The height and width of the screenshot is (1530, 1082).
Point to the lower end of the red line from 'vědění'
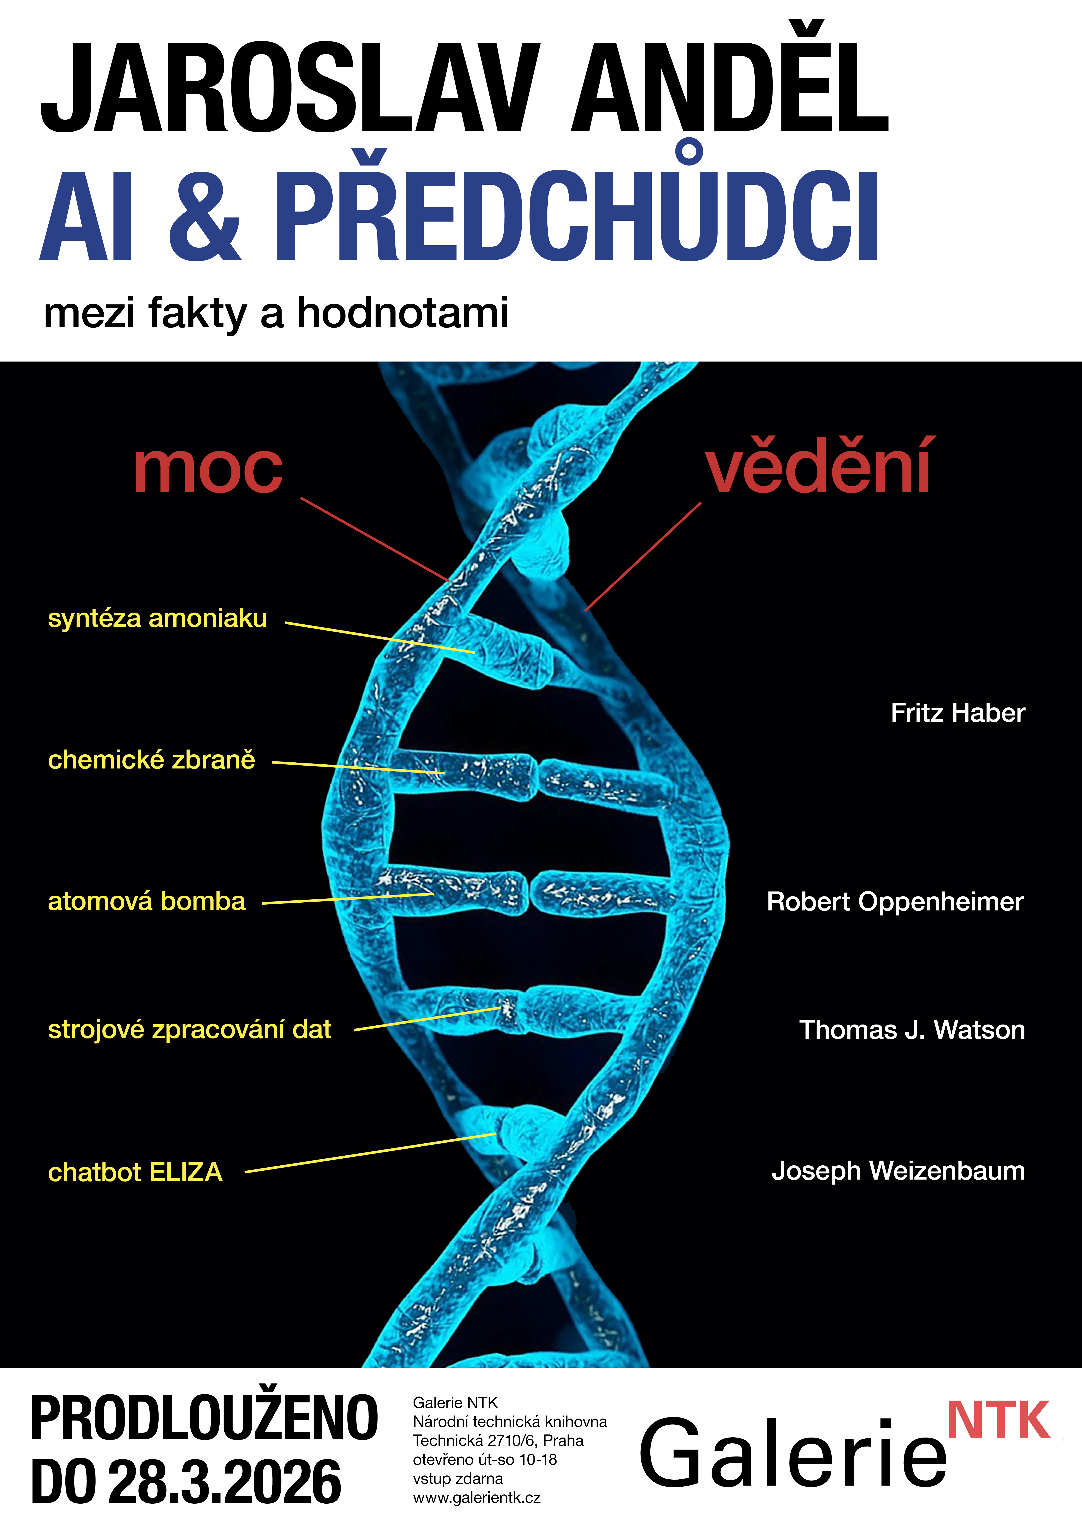pos(585,610)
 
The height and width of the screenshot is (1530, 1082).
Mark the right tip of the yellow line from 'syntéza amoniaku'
pos(475,652)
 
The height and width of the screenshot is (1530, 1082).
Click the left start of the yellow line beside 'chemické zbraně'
pos(273,762)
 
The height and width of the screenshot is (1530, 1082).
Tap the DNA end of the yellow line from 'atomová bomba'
pos(433,894)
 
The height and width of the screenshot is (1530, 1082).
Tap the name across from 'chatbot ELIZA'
pos(898,1171)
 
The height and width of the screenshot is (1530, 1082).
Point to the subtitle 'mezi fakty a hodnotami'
pos(276,313)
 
